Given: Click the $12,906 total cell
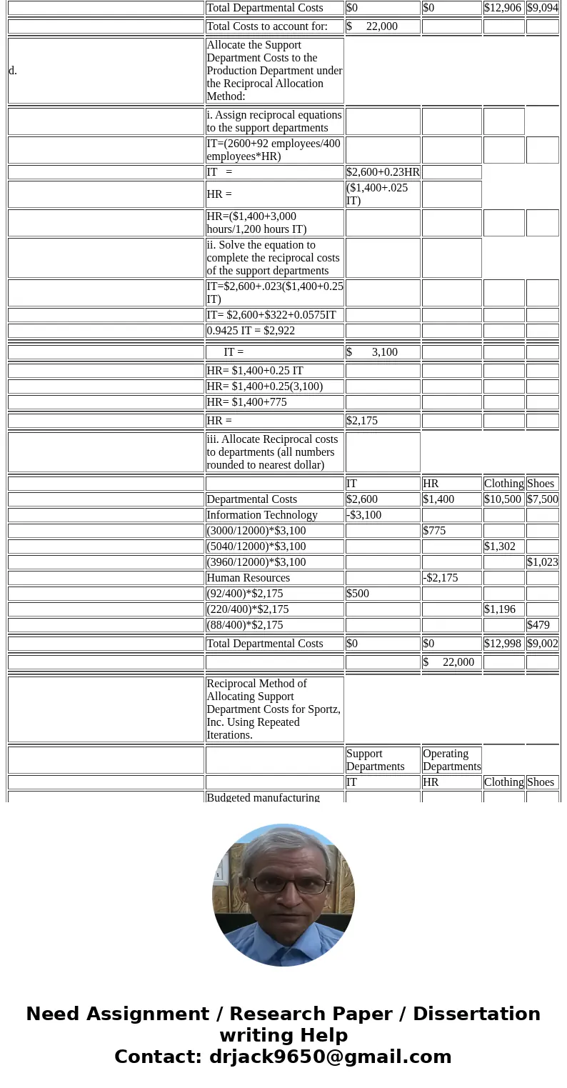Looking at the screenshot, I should (x=503, y=8).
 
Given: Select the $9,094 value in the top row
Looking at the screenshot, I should (x=542, y=8).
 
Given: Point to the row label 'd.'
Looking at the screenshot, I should (x=13, y=71).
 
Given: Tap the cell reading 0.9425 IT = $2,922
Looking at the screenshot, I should (x=250, y=331).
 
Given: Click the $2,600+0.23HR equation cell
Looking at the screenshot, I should (x=383, y=172).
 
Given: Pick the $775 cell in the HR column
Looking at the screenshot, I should (x=435, y=531).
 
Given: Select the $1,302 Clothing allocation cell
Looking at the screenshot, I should (x=499, y=547).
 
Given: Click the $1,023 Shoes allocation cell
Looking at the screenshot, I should (x=542, y=562).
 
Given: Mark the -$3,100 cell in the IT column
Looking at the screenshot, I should (x=363, y=515).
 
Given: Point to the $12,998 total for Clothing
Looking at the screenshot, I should (x=503, y=644).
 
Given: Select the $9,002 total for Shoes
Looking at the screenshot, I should (x=542, y=644).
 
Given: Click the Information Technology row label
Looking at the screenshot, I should (x=261, y=515).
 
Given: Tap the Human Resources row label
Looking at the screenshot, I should (x=248, y=578).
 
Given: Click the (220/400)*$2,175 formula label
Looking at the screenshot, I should (x=244, y=609).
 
